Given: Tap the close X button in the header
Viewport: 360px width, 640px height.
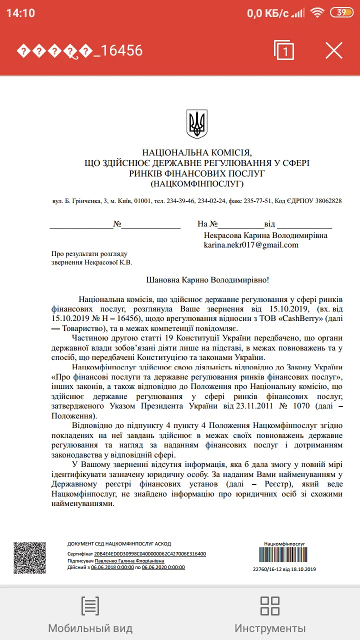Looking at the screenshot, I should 334,50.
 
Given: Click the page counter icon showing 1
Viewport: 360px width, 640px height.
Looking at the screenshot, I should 284,50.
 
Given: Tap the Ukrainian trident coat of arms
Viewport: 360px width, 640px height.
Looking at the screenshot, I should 196,124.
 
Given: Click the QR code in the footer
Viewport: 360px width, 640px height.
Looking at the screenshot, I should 29,557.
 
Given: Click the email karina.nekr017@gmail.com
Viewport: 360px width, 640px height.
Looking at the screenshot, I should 250,245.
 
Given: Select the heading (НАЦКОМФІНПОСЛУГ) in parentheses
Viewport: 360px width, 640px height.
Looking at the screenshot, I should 196,184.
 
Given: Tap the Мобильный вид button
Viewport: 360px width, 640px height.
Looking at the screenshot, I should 90,613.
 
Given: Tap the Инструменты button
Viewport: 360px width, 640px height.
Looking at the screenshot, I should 270,613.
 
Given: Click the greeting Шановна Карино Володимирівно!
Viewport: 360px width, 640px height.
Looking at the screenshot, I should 210,280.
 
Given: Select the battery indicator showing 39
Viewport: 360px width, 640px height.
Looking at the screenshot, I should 342,13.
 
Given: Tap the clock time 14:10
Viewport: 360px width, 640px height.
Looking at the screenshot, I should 20,13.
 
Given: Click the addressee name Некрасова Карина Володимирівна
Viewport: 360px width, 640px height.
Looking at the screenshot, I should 265,235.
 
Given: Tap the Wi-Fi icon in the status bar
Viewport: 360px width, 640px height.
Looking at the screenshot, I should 316,13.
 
